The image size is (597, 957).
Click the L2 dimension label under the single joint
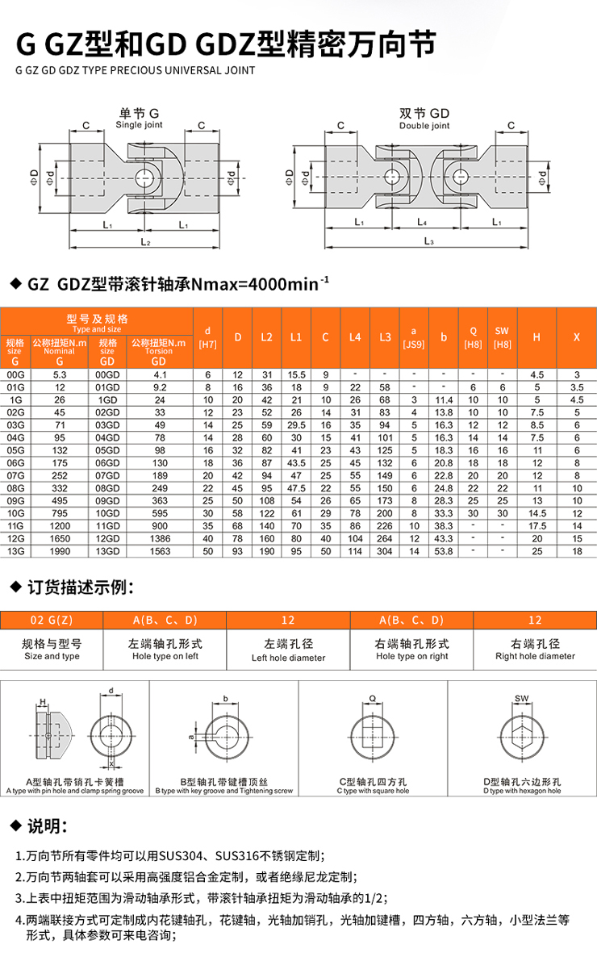pyautogui.click(x=145, y=241)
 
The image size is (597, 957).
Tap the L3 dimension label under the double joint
pyautogui.click(x=428, y=241)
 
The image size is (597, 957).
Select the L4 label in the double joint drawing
pyautogui.click(x=421, y=221)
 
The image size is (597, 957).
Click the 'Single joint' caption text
pyautogui.click(x=139, y=125)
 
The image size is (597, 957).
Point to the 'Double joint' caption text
pyautogui.click(x=424, y=126)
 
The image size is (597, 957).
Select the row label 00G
pyautogui.click(x=15, y=374)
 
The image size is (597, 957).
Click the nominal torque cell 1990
pyautogui.click(x=59, y=551)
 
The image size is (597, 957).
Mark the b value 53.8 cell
pyautogui.click(x=443, y=551)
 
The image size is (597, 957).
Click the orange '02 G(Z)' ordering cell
pyautogui.click(x=52, y=620)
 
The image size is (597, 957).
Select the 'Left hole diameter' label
pyautogui.click(x=288, y=658)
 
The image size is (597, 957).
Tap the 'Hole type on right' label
pyautogui.click(x=411, y=656)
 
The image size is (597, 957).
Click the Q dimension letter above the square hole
pyautogui.click(x=372, y=698)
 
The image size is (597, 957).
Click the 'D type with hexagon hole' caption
pyautogui.click(x=522, y=791)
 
